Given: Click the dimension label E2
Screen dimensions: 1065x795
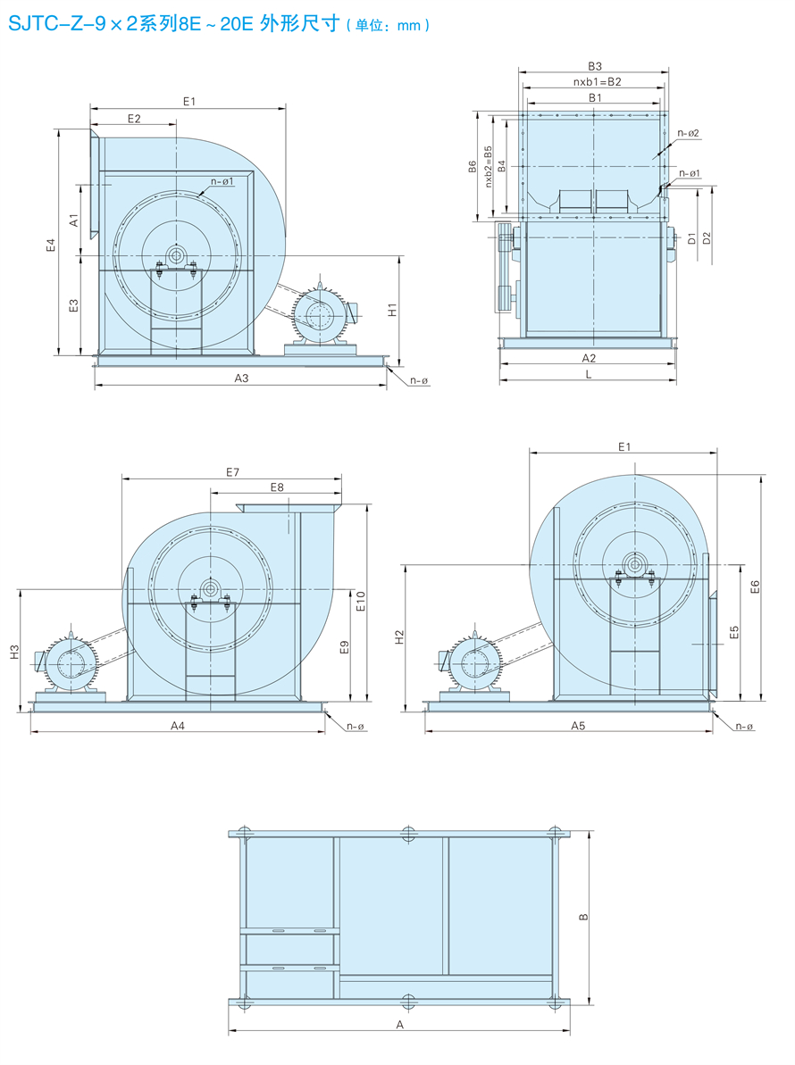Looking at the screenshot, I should (x=134, y=118).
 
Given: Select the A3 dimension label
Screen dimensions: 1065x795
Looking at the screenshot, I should (x=241, y=379).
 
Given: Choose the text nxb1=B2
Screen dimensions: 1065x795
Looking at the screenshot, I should (x=597, y=81).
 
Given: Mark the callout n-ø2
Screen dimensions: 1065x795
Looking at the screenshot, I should (x=688, y=133).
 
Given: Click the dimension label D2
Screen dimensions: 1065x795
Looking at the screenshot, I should (x=707, y=237).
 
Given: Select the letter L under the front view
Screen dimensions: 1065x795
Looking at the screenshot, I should (x=588, y=374).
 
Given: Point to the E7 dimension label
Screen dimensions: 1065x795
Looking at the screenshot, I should (x=232, y=471).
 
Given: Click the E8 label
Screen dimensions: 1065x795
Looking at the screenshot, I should (x=276, y=487).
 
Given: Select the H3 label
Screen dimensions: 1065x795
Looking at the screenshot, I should (x=14, y=653).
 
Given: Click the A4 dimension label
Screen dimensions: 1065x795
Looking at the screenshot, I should (x=178, y=726).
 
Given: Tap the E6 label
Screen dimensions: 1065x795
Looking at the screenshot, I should (x=754, y=587).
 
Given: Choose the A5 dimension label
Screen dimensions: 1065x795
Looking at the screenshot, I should (x=578, y=726).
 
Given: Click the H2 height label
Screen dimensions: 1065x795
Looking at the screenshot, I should (x=400, y=637).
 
